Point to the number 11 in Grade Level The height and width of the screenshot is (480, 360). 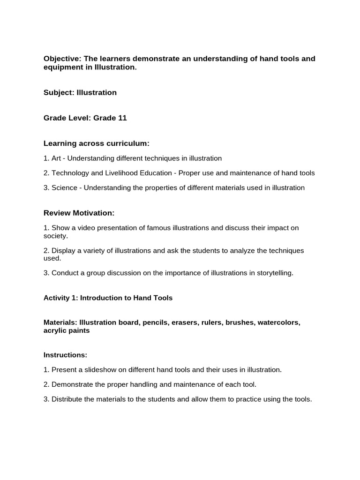122,118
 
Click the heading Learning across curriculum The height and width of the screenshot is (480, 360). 96,143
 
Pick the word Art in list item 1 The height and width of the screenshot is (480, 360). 57,158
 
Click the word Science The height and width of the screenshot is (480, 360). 64,188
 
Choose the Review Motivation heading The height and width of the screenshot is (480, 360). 79,213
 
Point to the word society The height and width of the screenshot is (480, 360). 55,236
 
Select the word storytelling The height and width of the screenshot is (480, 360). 273,273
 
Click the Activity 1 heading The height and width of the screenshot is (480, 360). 108,298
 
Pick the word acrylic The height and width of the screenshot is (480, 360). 54,330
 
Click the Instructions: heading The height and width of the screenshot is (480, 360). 65,355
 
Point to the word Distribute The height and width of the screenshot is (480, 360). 68,399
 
